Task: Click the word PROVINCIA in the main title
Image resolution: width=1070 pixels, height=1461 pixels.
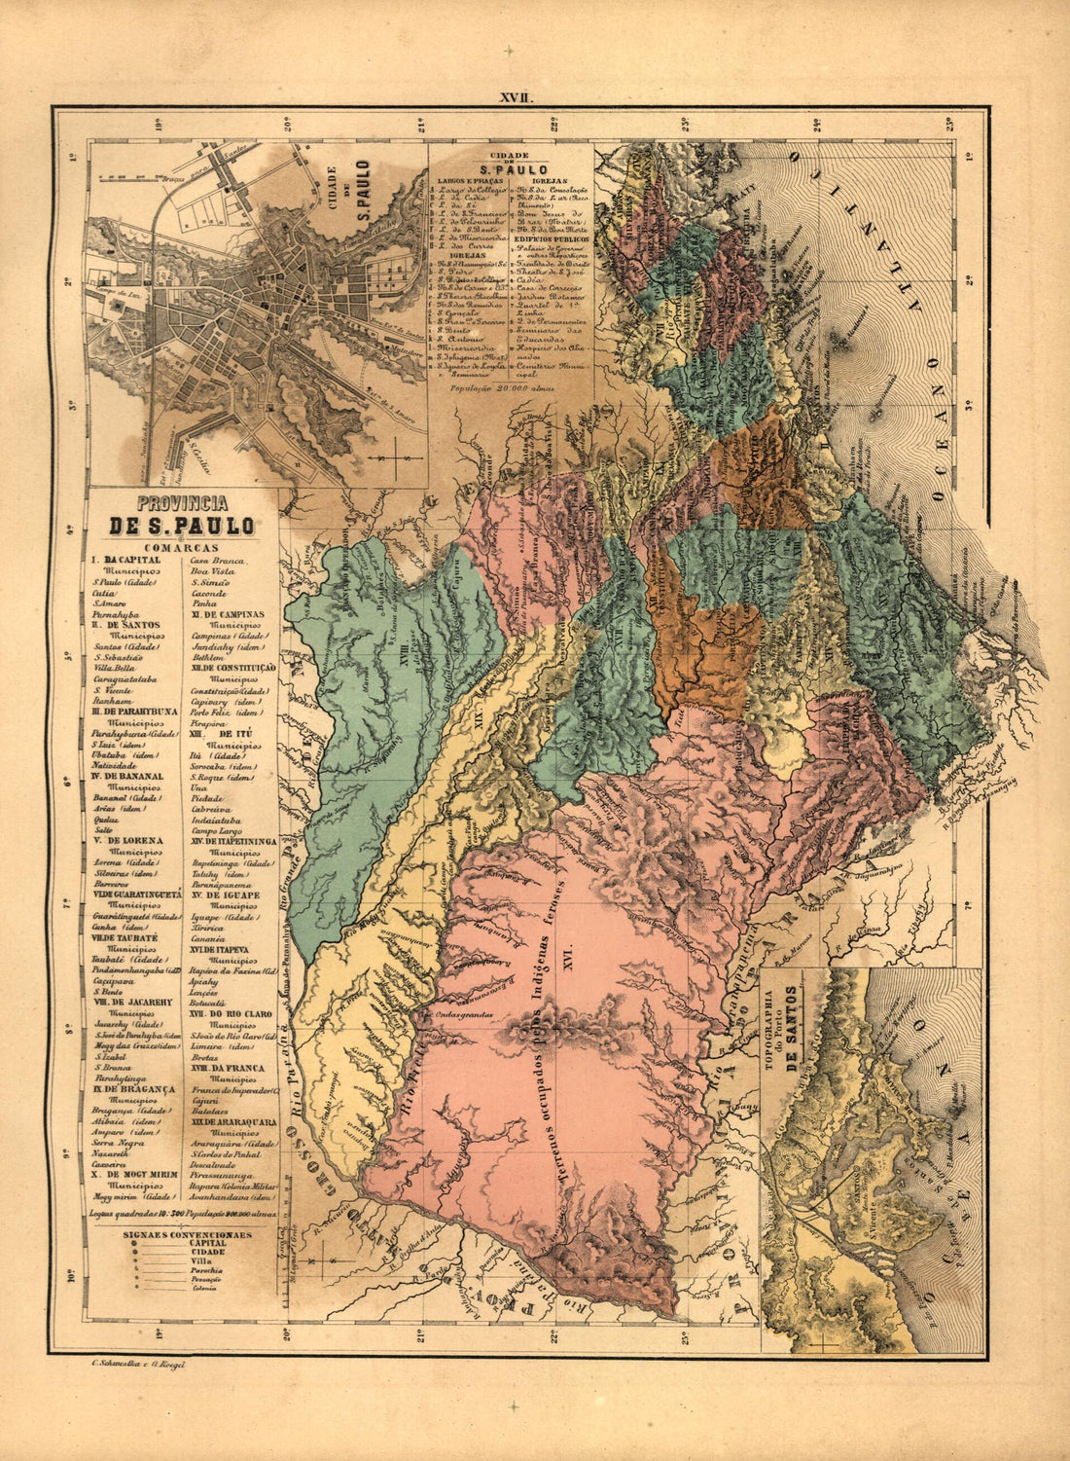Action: (x=182, y=504)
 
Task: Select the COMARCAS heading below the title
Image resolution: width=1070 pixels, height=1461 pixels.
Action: (x=182, y=548)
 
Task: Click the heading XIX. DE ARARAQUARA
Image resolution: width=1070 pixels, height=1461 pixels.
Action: (x=233, y=1122)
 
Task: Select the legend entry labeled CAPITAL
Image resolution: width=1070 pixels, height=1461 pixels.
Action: (x=209, y=1243)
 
